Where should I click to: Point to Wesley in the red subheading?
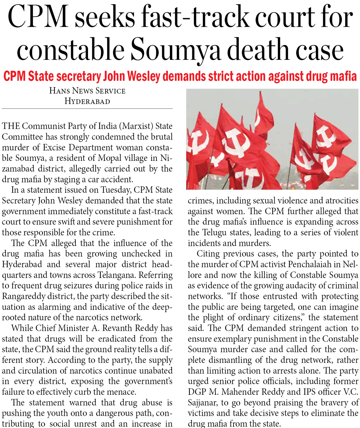(145, 77)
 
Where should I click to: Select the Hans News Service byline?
(87, 91)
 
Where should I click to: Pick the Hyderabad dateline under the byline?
(87, 101)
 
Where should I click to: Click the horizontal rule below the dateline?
(87, 109)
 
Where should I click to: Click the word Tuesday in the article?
(116, 190)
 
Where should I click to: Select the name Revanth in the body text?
(117, 328)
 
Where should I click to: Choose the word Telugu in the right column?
(214, 232)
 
